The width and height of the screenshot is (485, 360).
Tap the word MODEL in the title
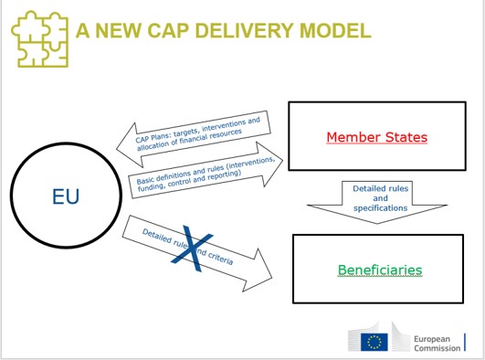click(337, 31)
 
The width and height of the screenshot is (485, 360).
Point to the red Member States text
click(376, 138)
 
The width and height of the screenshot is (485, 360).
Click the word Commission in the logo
click(439, 347)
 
